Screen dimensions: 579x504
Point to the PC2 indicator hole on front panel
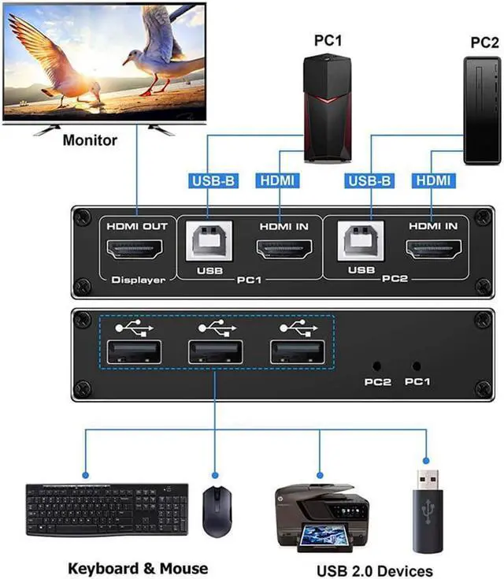click(x=377, y=366)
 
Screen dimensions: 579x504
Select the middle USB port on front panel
click(x=213, y=351)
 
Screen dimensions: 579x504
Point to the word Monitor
click(x=89, y=141)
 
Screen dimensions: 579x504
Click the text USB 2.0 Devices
click(x=374, y=570)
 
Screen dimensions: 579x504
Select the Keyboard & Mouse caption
click(x=138, y=568)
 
